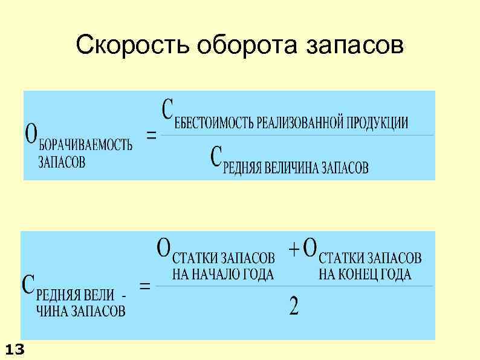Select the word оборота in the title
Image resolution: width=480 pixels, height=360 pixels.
(x=219, y=45)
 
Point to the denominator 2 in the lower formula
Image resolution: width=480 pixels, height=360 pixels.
(x=294, y=307)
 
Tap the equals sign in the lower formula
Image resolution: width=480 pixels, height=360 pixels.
(x=145, y=286)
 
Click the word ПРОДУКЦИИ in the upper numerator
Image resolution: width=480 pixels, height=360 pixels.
(x=376, y=123)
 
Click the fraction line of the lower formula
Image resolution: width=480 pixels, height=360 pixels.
(x=294, y=286)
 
